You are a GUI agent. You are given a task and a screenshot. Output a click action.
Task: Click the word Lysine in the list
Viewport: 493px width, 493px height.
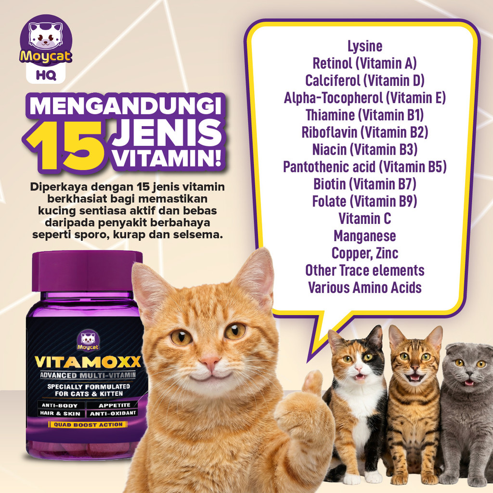[365, 47]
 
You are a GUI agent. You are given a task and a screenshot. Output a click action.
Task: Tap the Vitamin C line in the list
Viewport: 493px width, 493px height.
[365, 219]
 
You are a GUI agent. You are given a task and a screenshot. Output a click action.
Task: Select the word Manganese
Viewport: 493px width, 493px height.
[365, 236]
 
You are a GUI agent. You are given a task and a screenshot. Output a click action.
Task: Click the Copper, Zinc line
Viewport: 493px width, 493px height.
[365, 253]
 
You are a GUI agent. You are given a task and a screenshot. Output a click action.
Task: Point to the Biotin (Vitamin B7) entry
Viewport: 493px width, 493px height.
[365, 184]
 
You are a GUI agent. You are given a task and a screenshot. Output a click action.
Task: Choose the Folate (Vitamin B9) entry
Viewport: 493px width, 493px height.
[365, 201]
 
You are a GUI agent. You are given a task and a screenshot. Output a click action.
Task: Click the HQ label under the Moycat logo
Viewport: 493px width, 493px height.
[46, 76]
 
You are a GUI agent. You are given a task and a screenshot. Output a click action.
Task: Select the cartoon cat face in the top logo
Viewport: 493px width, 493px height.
[46, 35]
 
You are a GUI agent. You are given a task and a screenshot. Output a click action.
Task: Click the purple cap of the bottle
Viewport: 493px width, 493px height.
[87, 271]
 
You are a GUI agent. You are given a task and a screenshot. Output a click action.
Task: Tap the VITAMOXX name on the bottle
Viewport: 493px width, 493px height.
[88, 362]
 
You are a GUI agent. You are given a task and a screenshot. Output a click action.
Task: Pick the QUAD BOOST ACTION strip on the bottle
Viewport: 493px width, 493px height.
[88, 425]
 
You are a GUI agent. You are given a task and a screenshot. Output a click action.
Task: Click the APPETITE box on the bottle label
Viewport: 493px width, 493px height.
[114, 405]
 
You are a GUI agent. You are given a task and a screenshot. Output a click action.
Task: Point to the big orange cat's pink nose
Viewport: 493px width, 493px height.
[209, 361]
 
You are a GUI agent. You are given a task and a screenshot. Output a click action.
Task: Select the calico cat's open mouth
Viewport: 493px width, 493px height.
[360, 376]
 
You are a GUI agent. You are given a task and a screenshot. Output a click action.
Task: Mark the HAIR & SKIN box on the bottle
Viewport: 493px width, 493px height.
[60, 414]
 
